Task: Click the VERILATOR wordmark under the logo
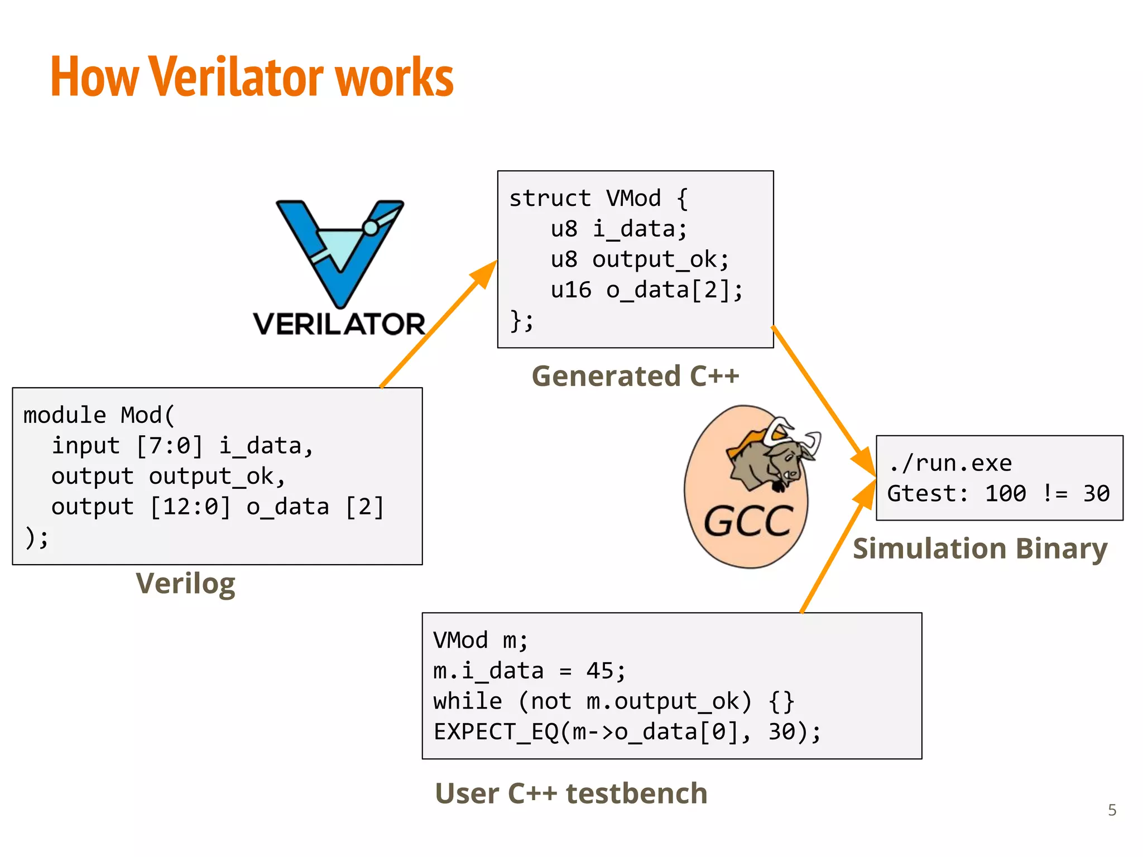[339, 324]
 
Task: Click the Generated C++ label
[635, 376]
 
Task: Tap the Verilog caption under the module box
[185, 584]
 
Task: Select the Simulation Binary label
[980, 548]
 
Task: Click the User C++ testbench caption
[571, 793]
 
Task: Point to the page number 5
[1112, 810]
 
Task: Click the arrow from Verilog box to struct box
[438, 324]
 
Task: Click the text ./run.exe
[950, 463]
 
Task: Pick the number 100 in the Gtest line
[1005, 494]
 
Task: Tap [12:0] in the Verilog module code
[190, 507]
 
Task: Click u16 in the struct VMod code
[570, 290]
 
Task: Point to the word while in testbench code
[468, 701]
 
